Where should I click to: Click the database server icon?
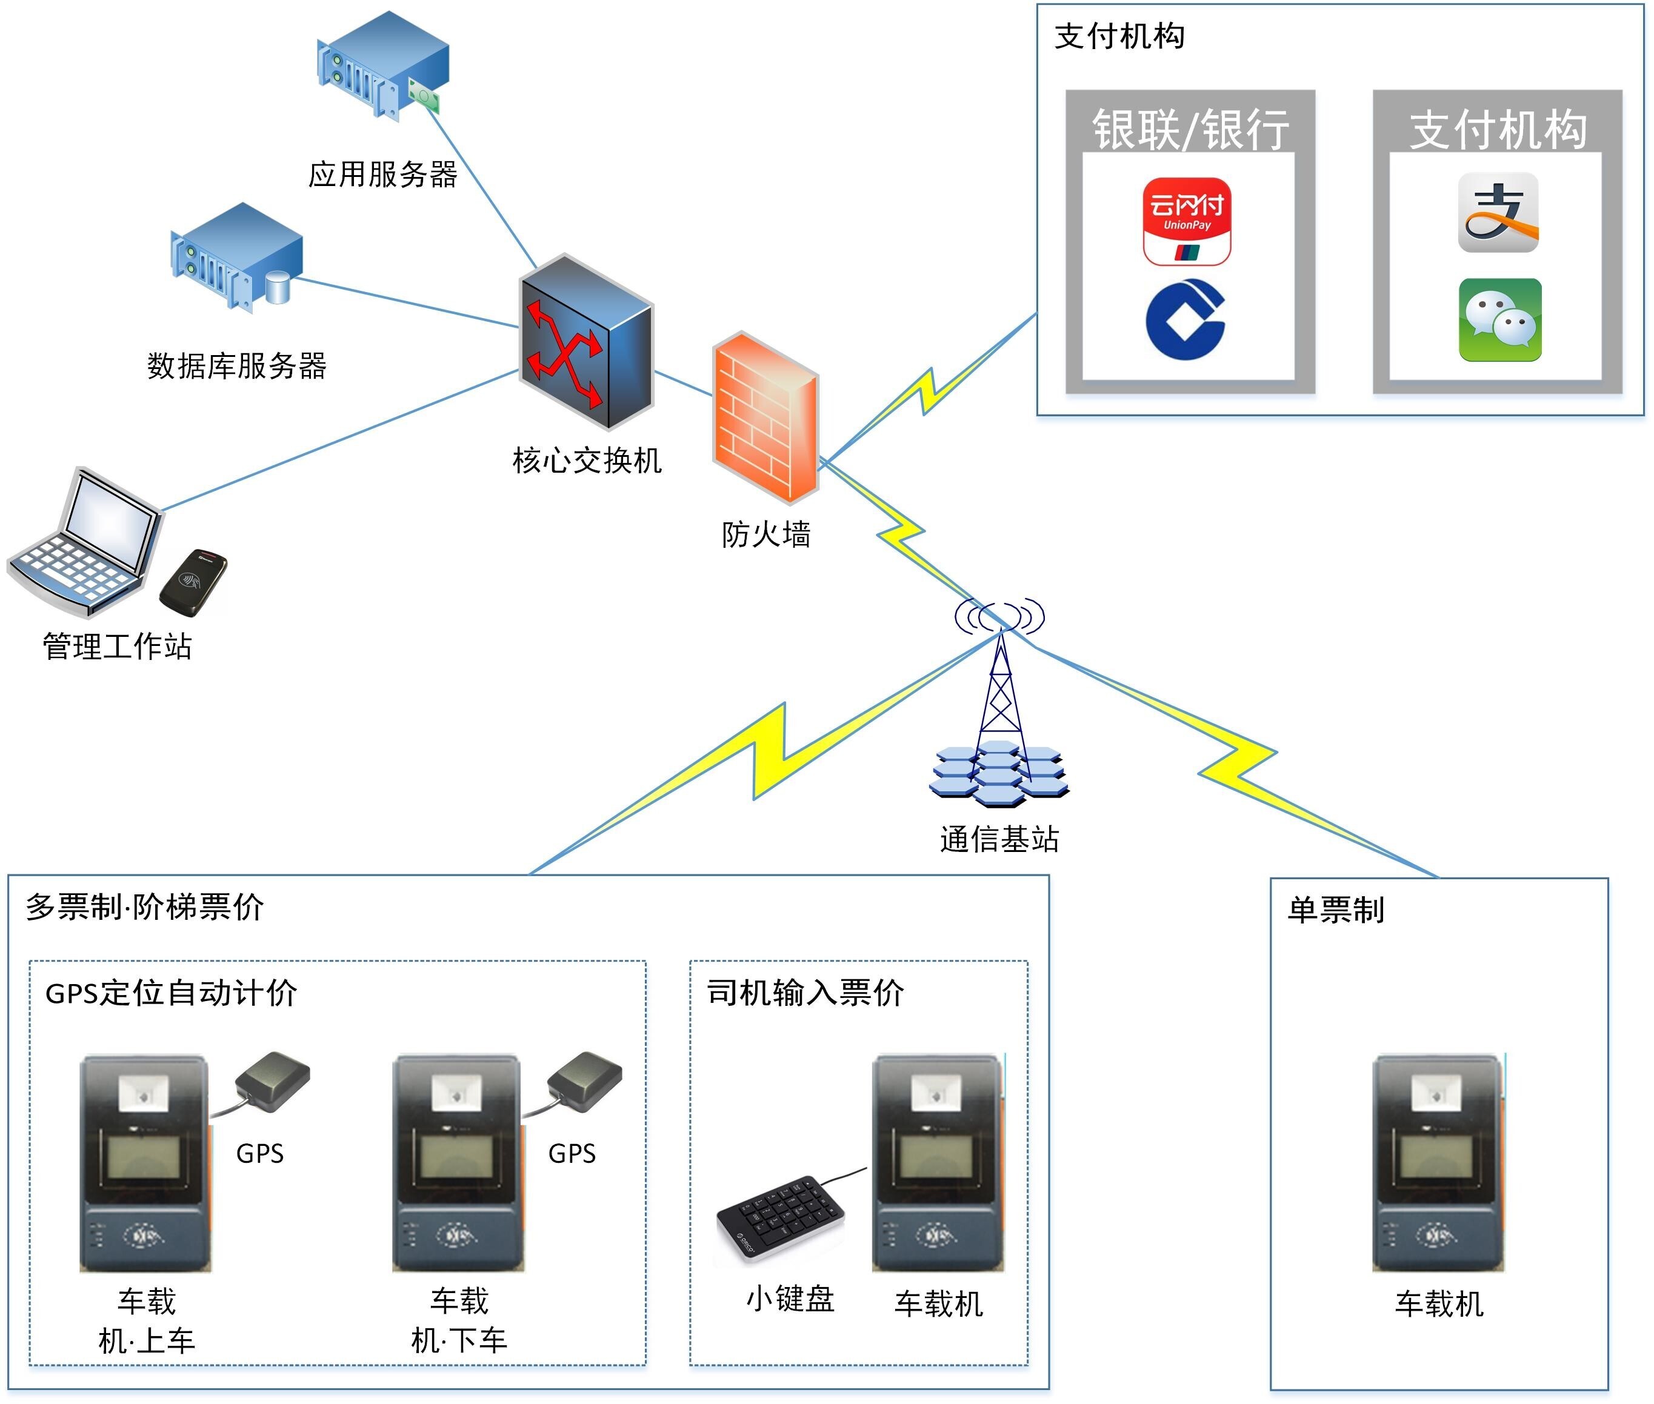point(236,256)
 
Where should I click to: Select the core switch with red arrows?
point(587,342)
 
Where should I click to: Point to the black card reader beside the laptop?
point(193,582)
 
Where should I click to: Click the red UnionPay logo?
point(1187,221)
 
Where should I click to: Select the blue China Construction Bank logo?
point(1185,319)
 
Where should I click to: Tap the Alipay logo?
point(1498,213)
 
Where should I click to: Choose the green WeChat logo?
point(1499,320)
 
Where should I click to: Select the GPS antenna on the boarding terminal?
point(272,1081)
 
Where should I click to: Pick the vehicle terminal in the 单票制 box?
point(1438,1163)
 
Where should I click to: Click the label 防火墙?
point(765,535)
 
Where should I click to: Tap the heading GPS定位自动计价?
point(171,993)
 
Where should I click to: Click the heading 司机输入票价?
point(805,993)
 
